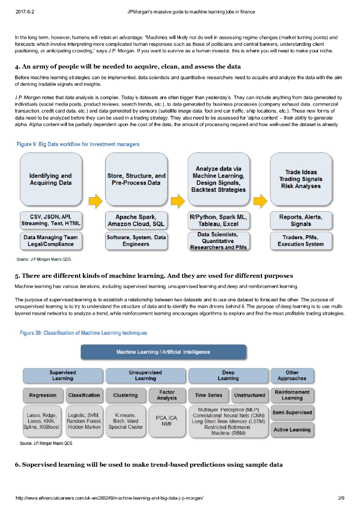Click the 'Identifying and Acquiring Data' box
pos(50,179)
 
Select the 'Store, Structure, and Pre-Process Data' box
pos(136,179)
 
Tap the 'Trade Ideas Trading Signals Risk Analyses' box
pos(301,179)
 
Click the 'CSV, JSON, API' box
pos(50,220)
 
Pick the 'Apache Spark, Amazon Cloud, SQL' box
pos(136,220)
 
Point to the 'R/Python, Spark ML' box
pos(218,220)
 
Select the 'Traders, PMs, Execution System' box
pos(301,241)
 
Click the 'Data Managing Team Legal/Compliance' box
pos(50,241)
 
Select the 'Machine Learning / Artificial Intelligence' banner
pos(163,352)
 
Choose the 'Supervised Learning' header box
pos(63,375)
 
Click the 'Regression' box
pos(43,395)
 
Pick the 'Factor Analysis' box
pos(167,395)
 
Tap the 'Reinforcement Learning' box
pos(292,395)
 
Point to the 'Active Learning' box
pos(292,429)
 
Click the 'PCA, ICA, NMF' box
pos(167,421)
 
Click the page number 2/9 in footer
pos(341,498)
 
